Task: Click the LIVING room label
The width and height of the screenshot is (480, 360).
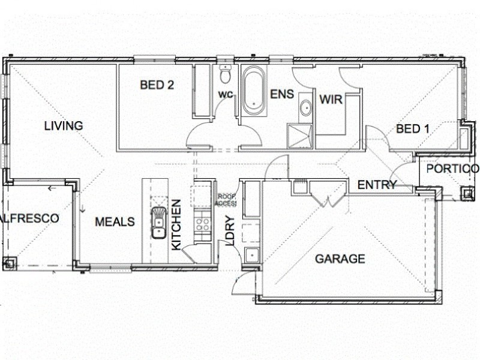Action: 63,125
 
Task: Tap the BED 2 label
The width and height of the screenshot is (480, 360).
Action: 157,85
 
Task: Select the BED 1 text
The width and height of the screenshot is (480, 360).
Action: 413,128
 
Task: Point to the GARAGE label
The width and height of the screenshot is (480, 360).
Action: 340,259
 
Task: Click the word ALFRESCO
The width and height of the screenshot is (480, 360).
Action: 30,218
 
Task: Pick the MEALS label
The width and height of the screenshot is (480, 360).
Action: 115,221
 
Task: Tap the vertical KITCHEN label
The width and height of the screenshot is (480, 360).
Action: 176,225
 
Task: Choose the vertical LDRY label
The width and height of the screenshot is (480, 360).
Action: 229,232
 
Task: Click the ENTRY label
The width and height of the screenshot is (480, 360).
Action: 377,185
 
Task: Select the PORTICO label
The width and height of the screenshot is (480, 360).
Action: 452,169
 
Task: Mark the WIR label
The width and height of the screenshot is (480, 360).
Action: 331,100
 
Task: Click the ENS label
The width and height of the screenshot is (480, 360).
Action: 281,94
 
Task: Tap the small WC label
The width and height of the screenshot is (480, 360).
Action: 225,95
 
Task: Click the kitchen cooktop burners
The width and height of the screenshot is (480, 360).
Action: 203,225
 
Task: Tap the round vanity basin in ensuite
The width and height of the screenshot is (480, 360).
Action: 305,109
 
